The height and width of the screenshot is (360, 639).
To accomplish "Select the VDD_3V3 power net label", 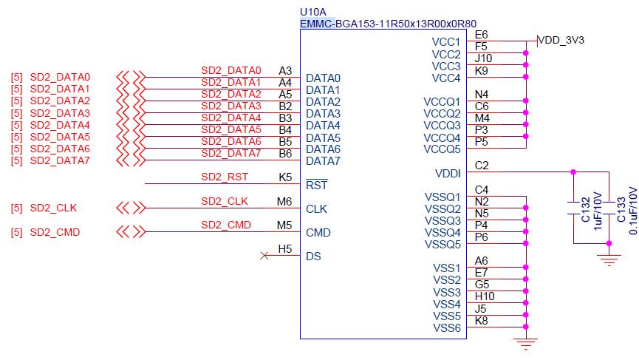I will point(561,40).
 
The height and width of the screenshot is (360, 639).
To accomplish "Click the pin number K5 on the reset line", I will point(285,177).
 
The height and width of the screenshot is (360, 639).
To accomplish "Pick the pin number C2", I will point(482,166).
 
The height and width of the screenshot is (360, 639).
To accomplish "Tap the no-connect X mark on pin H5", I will point(264,256).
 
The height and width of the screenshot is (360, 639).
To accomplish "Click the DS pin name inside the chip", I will point(314,257).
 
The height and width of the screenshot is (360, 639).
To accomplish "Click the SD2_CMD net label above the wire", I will point(225,225).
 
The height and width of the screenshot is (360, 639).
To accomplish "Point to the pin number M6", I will point(284,201).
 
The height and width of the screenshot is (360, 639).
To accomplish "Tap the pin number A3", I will point(285,70).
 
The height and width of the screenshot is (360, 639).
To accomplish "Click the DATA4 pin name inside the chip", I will point(323,126).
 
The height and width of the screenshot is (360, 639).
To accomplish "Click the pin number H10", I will point(485,296).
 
